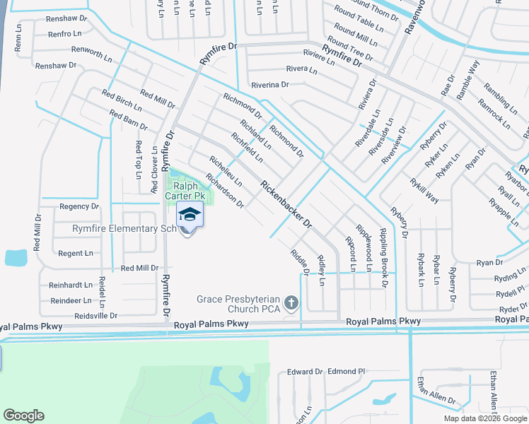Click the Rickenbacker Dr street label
(286, 205)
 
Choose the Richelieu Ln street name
(226, 171)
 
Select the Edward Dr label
(304, 372)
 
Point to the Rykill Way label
(424, 190)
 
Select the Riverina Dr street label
(265, 84)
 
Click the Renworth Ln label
(87, 54)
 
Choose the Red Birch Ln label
(122, 102)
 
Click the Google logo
(24, 416)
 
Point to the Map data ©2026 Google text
(485, 418)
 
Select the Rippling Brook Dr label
(384, 258)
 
